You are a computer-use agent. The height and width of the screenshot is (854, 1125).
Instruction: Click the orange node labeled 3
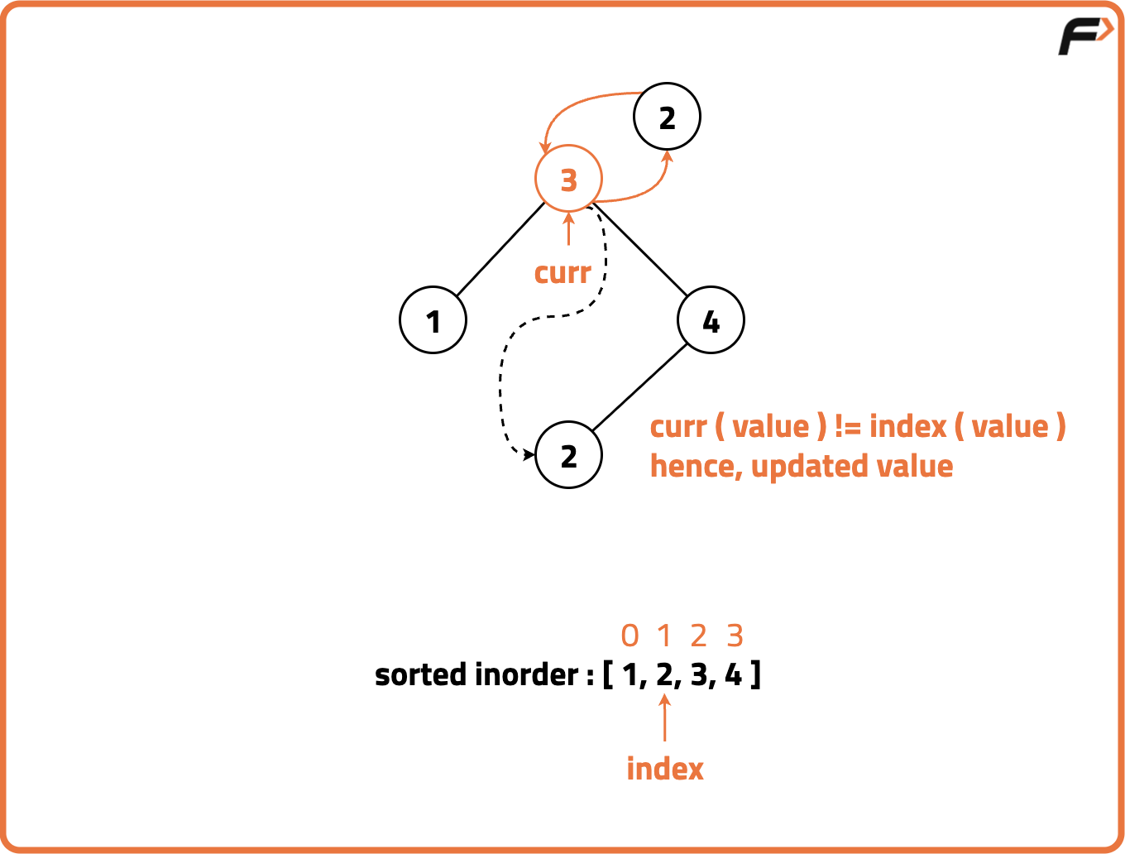click(568, 179)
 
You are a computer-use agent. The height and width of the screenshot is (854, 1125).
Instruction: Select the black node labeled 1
click(433, 320)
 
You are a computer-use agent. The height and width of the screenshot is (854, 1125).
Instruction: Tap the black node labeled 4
click(711, 320)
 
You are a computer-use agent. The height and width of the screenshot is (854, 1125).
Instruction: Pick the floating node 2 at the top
click(667, 117)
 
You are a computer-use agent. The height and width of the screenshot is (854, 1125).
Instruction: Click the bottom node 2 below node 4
click(568, 455)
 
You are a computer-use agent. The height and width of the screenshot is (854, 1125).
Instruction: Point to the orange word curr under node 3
click(562, 273)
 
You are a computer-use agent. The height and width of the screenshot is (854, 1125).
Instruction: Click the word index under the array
click(665, 769)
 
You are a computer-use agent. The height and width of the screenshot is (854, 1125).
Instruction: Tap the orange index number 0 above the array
click(630, 636)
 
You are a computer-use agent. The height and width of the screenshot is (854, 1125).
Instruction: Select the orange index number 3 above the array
click(735, 636)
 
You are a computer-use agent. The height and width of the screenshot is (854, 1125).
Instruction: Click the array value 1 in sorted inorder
click(630, 675)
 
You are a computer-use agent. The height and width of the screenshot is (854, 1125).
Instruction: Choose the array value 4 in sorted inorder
click(733, 675)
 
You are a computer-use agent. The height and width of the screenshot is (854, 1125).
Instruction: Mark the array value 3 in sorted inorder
click(699, 675)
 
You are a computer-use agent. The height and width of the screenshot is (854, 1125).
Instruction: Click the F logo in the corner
click(1084, 36)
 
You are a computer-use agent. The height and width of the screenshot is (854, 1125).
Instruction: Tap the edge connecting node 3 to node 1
click(501, 248)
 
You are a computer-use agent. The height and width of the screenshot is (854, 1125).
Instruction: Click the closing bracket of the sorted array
click(756, 675)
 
